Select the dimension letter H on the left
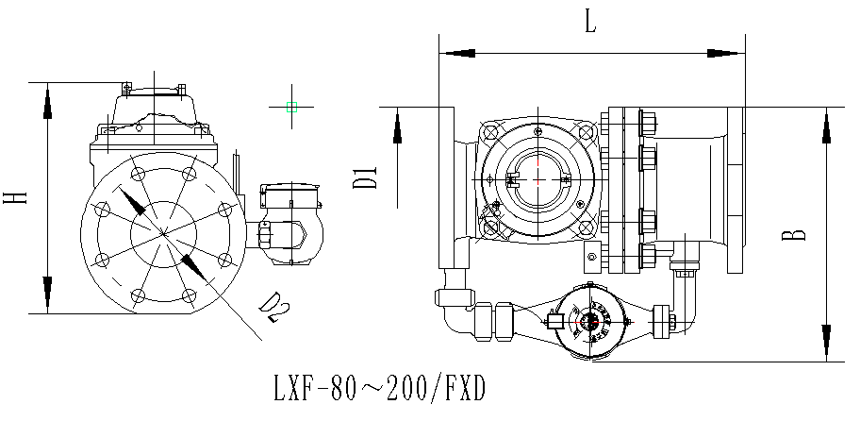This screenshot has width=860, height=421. tap(16, 197)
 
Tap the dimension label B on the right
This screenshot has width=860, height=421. tap(798, 233)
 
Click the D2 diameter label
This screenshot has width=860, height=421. tap(273, 308)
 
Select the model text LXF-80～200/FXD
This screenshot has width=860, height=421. tap(378, 389)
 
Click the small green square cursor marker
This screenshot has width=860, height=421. tap(291, 108)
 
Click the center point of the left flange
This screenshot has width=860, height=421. tap(162, 232)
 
